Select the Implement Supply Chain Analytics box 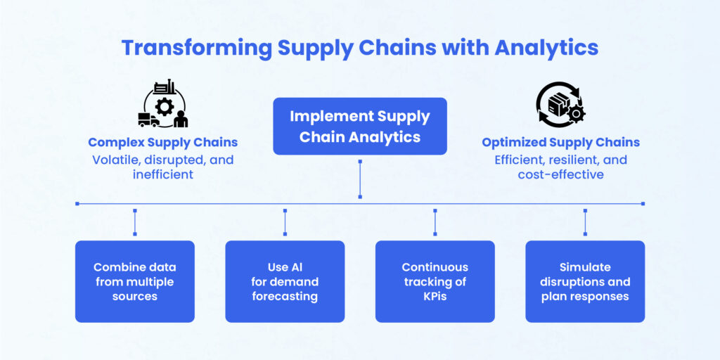359,127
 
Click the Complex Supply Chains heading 162,142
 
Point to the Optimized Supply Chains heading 560,142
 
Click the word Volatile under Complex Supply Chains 117,160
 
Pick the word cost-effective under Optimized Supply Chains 560,174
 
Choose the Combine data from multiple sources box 134,281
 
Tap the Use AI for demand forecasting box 285,281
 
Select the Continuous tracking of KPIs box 435,281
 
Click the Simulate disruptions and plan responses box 585,281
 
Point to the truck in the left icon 148,120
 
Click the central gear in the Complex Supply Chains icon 165,108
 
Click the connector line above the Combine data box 134,221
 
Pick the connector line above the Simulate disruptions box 585,221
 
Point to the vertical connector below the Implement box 359,179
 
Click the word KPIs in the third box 435,296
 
